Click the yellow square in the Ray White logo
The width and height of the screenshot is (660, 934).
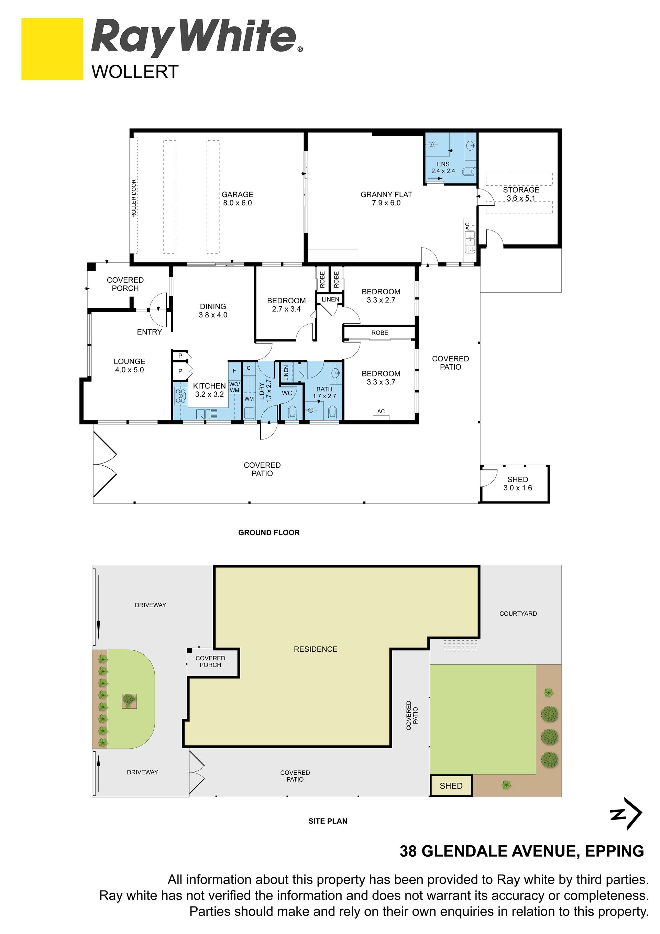(x=52, y=49)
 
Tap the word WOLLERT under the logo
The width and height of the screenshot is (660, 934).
(x=135, y=72)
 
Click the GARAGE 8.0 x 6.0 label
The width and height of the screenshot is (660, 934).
(x=238, y=198)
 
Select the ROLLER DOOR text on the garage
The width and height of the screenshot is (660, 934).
(x=134, y=198)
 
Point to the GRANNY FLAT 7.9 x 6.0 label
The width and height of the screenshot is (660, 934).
(x=386, y=198)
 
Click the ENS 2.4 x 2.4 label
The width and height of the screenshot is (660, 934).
(x=443, y=167)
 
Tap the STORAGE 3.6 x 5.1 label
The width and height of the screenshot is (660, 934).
(x=521, y=194)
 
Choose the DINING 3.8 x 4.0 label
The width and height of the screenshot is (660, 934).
(x=213, y=311)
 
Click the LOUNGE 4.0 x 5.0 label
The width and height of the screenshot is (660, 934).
(x=129, y=365)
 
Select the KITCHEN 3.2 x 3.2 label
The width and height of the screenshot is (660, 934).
(x=209, y=390)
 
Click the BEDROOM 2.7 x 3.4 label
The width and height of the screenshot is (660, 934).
(x=286, y=305)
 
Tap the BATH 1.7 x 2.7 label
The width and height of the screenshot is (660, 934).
(x=324, y=393)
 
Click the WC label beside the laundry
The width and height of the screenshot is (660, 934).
(x=287, y=393)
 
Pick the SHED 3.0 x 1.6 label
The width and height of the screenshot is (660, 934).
(x=518, y=484)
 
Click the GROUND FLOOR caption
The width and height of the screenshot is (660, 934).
(x=269, y=532)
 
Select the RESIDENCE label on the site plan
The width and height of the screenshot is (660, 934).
(x=316, y=649)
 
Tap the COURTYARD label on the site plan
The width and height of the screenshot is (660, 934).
(x=518, y=613)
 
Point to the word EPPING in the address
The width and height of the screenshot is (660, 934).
(x=615, y=851)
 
